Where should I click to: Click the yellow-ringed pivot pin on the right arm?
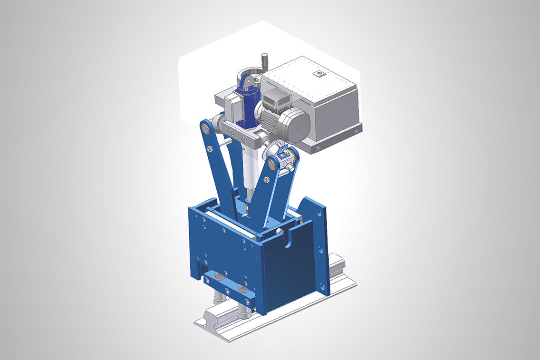pyautogui.click(x=273, y=164)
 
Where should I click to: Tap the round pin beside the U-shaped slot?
pyautogui.click(x=280, y=231)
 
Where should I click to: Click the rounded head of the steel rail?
pyautogui.click(x=210, y=316)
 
